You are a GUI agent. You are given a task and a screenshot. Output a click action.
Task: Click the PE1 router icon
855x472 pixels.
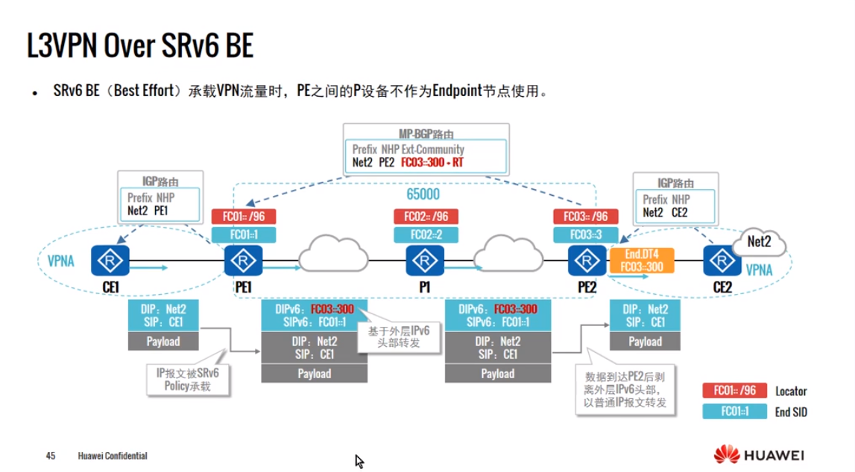point(242,261)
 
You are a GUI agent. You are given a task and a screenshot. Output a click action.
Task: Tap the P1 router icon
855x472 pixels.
point(425,261)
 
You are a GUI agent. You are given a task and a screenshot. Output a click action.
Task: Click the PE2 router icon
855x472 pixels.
point(585,261)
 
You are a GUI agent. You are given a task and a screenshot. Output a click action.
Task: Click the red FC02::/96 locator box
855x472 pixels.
point(426,217)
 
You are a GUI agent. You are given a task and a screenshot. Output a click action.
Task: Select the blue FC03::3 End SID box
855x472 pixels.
point(585,235)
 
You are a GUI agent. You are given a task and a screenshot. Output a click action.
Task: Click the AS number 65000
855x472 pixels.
point(423,194)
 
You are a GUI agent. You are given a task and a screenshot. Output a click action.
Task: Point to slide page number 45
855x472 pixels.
point(51,455)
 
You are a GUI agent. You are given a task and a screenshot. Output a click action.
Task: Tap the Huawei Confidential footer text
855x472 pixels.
point(113,455)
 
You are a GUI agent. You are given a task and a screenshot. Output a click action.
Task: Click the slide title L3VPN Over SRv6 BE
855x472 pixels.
point(140,46)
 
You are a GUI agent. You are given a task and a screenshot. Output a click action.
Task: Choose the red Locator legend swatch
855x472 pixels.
point(734,391)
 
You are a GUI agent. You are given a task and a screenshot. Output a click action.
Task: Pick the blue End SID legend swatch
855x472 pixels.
point(734,411)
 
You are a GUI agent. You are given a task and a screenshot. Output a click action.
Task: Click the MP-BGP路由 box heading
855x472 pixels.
point(426,133)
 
